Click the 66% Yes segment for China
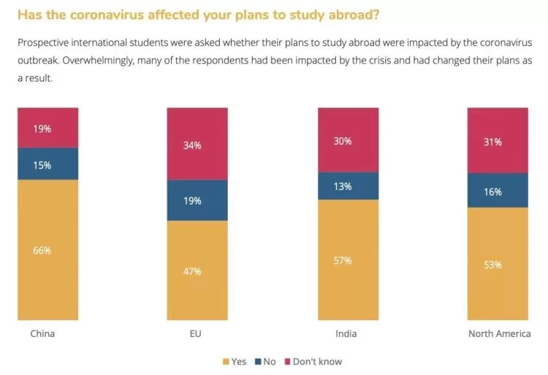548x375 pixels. (x=48, y=249)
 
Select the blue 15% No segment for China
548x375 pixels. (x=48, y=164)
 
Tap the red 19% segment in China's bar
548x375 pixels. (x=48, y=128)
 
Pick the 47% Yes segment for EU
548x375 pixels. (x=197, y=270)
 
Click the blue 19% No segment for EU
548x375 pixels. (x=197, y=200)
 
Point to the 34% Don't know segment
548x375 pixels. (x=197, y=143)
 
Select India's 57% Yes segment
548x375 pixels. (x=348, y=260)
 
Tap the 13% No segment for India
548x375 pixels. (x=348, y=186)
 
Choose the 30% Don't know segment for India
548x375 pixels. (x=348, y=140)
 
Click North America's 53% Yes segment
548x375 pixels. (x=498, y=263)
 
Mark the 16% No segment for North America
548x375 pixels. (x=498, y=191)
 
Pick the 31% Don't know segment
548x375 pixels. (x=498, y=140)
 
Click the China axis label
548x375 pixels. (x=42, y=334)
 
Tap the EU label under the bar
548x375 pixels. (x=195, y=334)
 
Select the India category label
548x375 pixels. (x=346, y=334)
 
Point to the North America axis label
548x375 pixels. (x=500, y=334)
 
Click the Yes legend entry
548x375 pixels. (x=235, y=362)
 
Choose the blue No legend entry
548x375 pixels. (x=265, y=362)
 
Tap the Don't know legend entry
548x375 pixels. (x=313, y=362)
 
